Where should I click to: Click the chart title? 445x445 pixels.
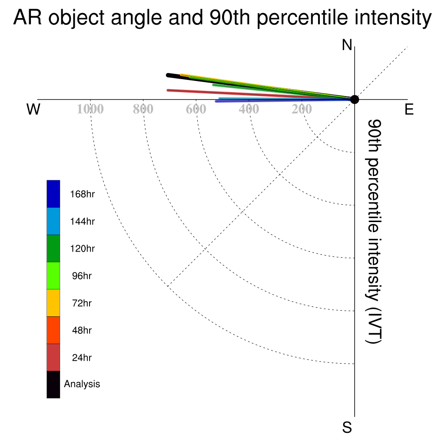222,17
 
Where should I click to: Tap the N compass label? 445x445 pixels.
347,45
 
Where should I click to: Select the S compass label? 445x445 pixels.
347,427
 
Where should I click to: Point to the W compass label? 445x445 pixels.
33,109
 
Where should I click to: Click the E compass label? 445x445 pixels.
409,109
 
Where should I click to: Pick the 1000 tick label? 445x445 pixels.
90,109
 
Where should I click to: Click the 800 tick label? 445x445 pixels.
143,109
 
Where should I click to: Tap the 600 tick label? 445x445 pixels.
196,109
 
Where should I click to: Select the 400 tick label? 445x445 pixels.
249,109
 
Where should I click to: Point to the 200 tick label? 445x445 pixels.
302,109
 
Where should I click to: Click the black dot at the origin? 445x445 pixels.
355,100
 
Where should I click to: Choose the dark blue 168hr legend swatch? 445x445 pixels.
53,194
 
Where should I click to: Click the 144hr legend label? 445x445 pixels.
82,221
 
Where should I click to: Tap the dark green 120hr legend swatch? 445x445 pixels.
53,248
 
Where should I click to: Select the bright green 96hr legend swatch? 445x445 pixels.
53,276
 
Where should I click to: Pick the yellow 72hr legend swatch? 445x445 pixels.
53,303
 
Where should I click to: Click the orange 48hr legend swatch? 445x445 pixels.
53,330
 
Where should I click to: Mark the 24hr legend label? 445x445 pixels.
82,358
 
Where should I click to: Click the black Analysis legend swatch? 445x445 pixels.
53,385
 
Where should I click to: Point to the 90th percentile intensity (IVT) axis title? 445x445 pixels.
374,231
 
